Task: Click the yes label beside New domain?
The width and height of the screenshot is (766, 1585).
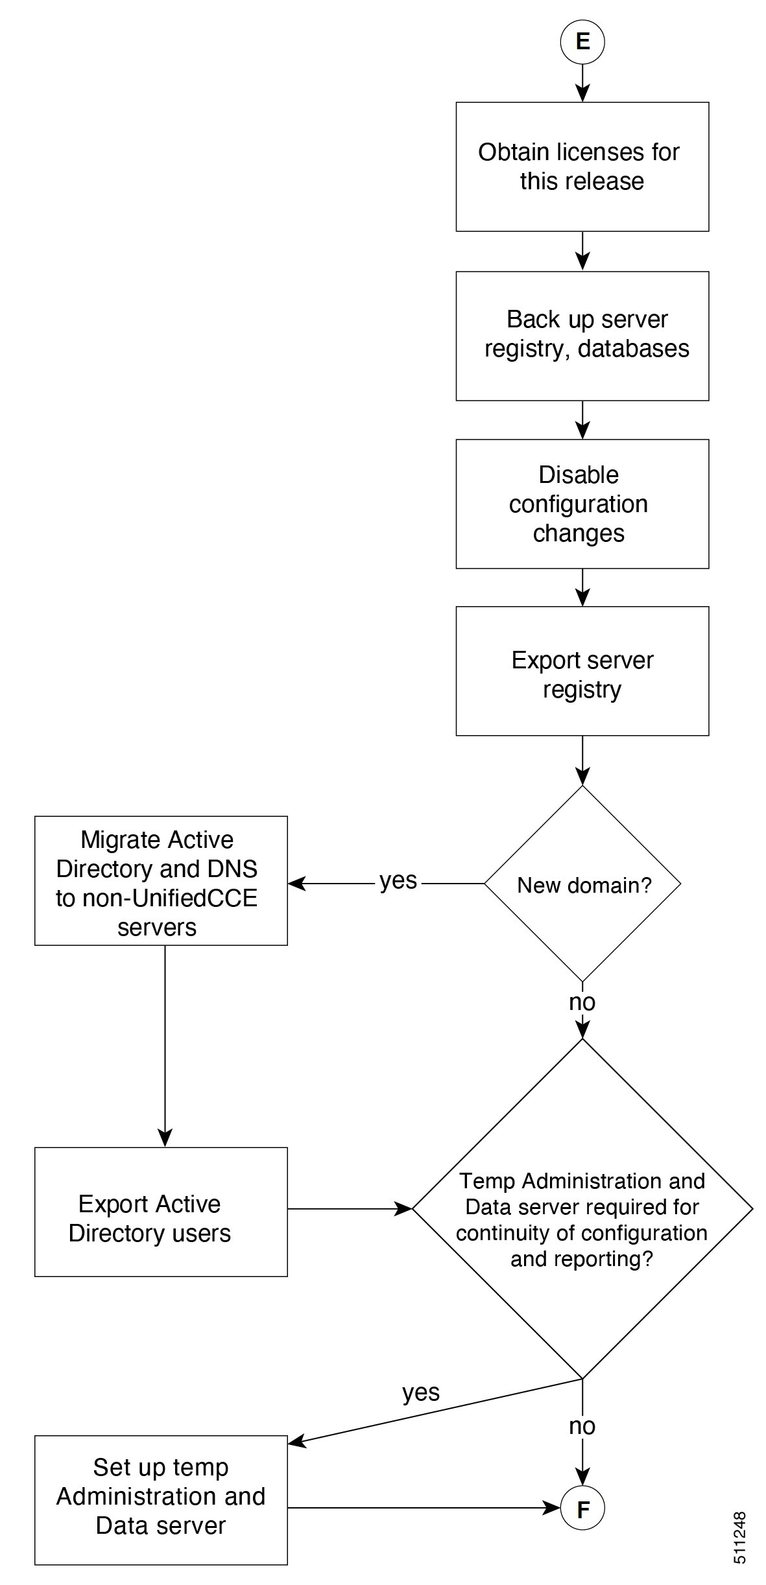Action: coord(398,880)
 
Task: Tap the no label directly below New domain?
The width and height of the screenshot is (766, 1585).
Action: coord(582,1002)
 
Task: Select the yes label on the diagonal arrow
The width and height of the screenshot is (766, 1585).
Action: coord(421,1392)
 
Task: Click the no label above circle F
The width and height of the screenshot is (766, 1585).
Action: coord(582,1426)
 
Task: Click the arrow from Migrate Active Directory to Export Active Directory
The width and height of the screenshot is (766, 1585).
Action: coord(165,1046)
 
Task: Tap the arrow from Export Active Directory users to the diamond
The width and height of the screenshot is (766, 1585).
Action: coord(350,1208)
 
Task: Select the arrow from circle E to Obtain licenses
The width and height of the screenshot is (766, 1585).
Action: coord(582,83)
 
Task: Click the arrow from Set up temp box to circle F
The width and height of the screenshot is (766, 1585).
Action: coord(424,1508)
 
